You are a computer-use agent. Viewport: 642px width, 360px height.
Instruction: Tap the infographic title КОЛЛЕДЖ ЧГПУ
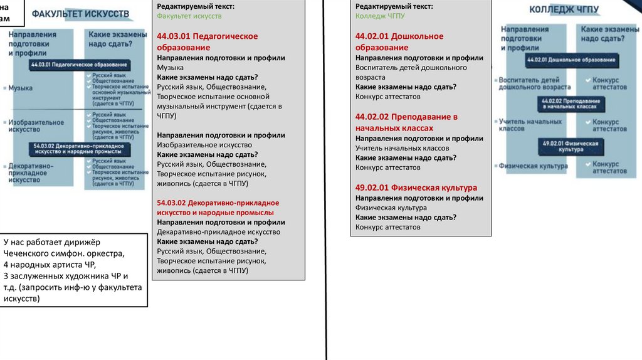(x=564, y=9)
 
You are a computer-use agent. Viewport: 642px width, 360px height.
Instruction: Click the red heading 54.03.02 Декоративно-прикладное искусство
(x=218, y=208)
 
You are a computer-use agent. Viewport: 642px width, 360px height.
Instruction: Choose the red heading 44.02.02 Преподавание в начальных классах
(x=406, y=122)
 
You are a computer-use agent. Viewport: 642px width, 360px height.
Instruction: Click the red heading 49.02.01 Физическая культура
(x=416, y=188)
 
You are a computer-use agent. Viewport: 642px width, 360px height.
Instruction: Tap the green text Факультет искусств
(x=189, y=16)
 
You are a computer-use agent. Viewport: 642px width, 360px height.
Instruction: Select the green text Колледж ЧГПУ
(x=381, y=16)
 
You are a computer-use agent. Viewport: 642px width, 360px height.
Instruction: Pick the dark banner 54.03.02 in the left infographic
(x=79, y=148)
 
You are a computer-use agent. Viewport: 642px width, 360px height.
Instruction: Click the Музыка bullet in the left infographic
(x=20, y=88)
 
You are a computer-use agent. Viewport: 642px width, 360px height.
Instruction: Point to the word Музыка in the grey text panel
(x=170, y=67)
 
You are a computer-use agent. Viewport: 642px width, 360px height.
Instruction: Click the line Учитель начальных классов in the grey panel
(x=402, y=148)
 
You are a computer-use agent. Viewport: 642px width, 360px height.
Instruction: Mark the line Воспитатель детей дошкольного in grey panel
(x=411, y=67)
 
